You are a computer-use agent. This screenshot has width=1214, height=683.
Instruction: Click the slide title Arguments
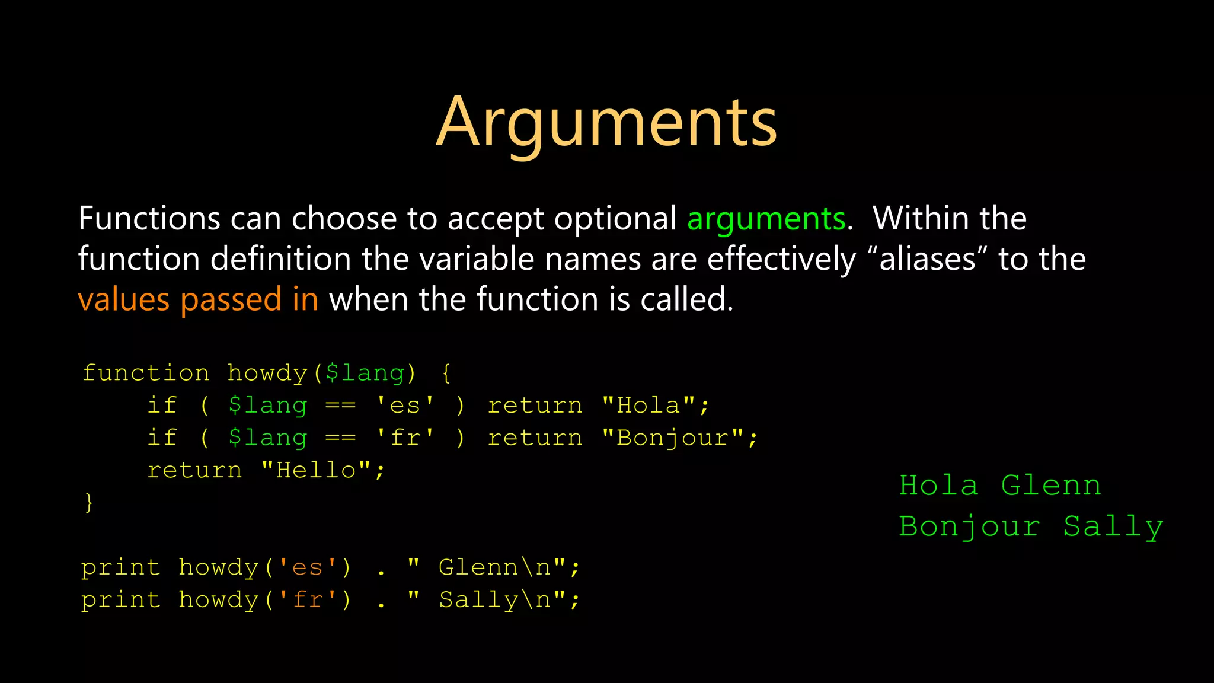pos(606,123)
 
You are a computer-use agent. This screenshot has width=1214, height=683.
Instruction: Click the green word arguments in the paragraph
pos(766,219)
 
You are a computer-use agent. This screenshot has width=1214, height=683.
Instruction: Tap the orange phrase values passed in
pos(198,299)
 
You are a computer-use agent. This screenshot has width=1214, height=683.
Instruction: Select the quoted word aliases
pos(928,259)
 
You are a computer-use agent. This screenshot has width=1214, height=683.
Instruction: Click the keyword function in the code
pos(146,373)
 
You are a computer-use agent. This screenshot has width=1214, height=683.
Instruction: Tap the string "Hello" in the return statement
pos(316,470)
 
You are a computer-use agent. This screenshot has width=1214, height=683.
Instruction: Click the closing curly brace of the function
pos(89,502)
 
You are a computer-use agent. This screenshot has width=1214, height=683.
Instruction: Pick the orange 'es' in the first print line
pos(307,567)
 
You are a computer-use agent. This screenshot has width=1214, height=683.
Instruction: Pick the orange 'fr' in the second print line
pos(307,600)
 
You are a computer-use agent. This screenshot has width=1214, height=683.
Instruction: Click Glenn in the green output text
pos(1051,486)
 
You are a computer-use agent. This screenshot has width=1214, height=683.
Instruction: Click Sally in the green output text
pos(1113,526)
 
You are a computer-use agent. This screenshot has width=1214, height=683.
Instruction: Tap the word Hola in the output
pos(938,486)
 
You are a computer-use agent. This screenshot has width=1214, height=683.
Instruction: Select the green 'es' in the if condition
pos(405,406)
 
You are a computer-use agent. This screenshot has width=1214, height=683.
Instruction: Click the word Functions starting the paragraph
pos(149,219)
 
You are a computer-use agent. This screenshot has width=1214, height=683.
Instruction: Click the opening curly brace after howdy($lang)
pos(446,373)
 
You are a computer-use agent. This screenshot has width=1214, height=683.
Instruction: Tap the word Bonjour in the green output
pos(969,526)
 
